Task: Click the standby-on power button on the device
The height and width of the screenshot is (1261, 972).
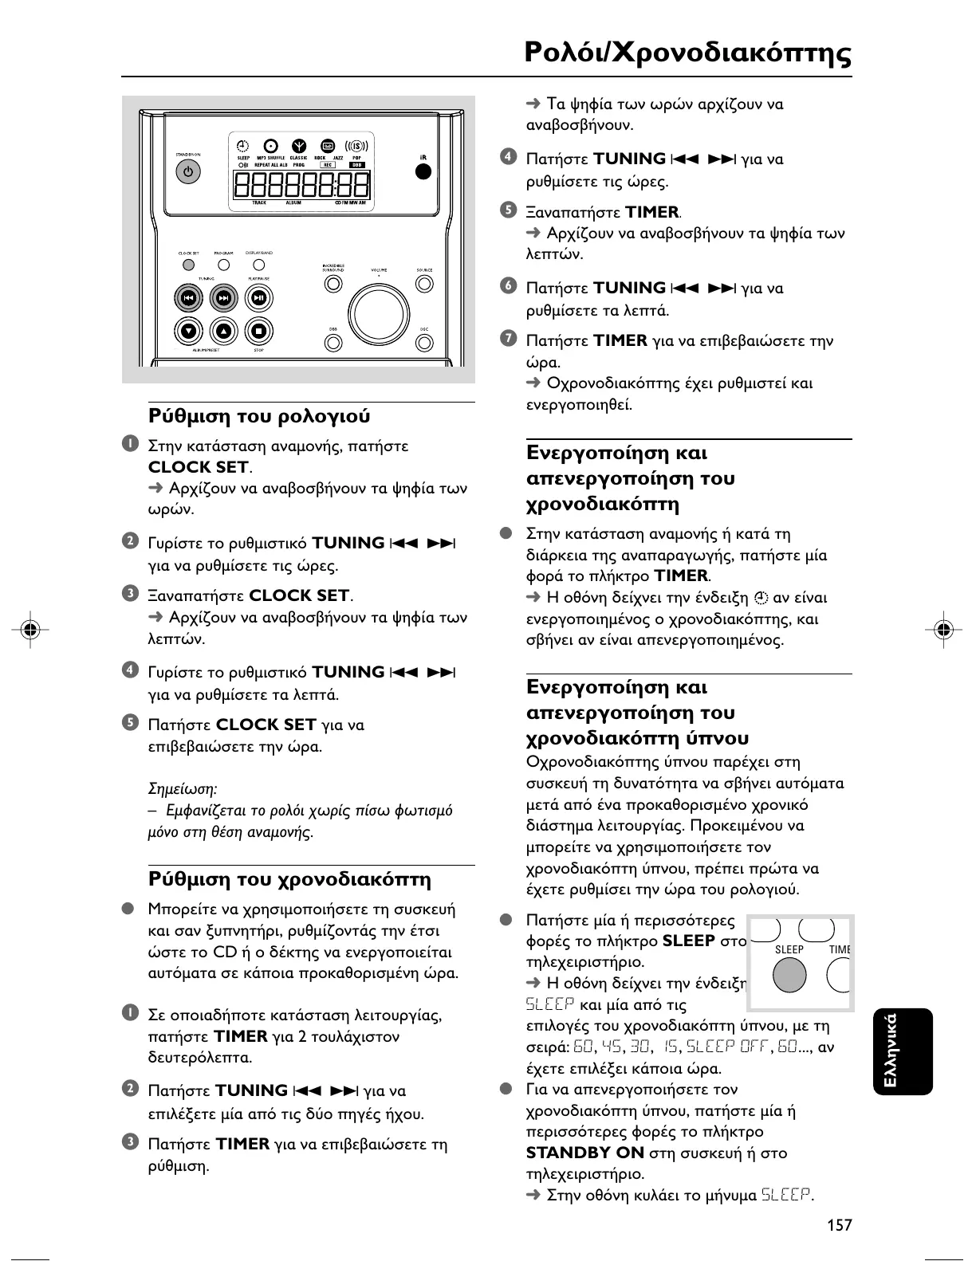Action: [x=188, y=171]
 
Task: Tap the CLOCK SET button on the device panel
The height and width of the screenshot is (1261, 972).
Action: [x=189, y=265]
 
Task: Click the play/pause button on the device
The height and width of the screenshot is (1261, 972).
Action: [x=258, y=298]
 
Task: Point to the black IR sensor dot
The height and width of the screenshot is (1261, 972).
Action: [x=424, y=171]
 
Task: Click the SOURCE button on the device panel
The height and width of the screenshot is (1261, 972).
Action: [x=424, y=283]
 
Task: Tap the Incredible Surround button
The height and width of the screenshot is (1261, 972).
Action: [x=333, y=283]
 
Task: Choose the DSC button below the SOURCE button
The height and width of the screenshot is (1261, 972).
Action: [x=424, y=342]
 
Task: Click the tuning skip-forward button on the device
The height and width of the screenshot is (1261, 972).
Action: [x=224, y=298]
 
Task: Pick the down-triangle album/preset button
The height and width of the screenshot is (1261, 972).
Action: [x=188, y=330]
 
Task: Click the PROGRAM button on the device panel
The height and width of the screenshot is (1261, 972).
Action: [x=224, y=265]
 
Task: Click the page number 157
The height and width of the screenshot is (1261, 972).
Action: [x=839, y=1224]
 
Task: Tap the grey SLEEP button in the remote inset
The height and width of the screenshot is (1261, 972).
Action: [x=789, y=975]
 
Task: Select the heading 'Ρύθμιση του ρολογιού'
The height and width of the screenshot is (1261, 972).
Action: [x=259, y=416]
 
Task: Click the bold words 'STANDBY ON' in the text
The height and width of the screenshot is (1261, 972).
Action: [x=584, y=1153]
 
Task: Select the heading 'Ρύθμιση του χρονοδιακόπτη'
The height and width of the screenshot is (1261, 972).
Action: [x=289, y=879]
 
